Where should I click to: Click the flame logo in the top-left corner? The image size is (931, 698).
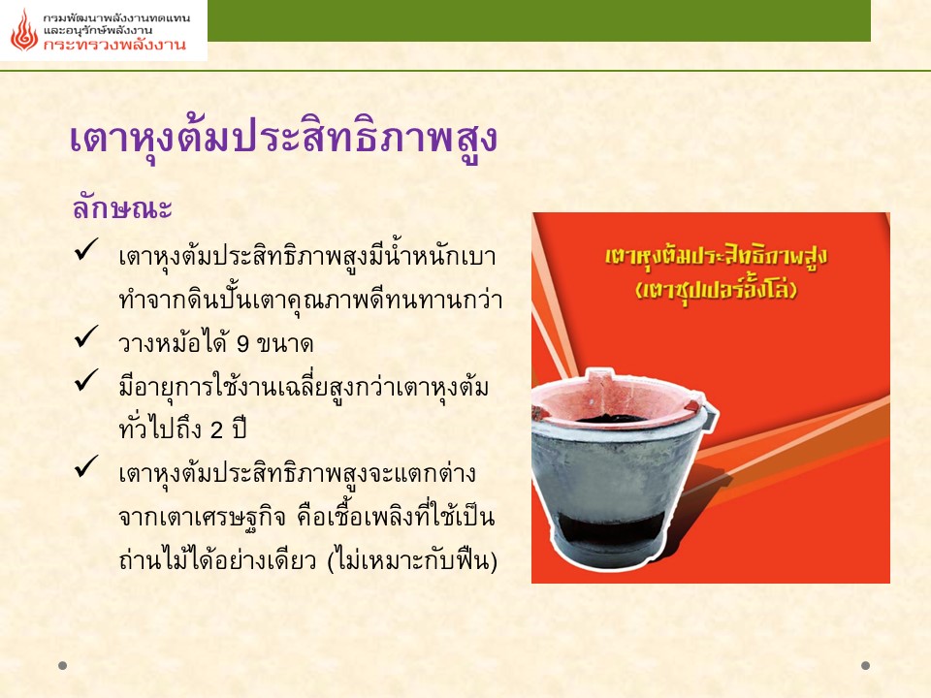24,30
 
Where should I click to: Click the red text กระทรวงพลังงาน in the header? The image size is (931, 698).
114,45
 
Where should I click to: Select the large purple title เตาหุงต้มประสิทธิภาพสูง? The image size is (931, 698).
283,139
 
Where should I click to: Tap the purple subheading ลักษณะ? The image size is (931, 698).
122,207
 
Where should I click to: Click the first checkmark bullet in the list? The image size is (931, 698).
86,249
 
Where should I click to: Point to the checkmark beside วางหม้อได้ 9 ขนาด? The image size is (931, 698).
86,336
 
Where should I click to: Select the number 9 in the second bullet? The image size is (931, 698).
242,343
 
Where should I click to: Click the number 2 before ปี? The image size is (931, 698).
216,430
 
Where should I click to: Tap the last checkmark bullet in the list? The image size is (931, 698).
86,466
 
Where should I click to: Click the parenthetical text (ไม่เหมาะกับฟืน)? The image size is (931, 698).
412,560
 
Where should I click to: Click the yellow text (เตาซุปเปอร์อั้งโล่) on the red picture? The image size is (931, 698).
716,290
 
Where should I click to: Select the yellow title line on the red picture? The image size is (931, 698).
716,257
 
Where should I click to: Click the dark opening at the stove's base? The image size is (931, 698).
612,527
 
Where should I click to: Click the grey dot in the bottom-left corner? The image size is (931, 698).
62,665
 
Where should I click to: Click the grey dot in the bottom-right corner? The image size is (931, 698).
866,665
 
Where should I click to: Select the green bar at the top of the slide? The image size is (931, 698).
539,20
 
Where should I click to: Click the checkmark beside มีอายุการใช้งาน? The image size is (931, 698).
86,380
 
